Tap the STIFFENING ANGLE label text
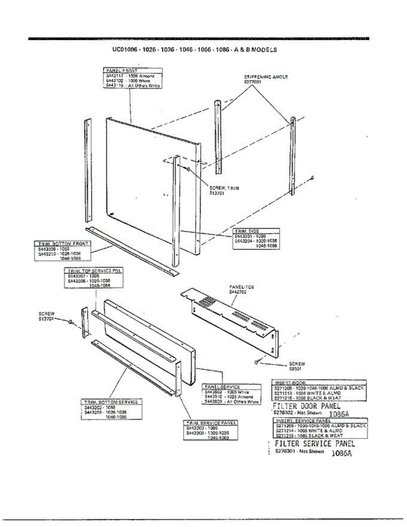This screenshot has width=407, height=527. point(266,77)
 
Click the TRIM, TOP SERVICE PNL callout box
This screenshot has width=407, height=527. point(93,278)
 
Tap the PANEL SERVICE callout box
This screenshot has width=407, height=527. point(231,394)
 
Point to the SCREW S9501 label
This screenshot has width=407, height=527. point(297,366)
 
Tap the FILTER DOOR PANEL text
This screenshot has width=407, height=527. point(306,406)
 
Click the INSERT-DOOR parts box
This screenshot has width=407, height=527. point(319,390)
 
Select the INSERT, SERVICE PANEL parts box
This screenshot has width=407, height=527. point(319,428)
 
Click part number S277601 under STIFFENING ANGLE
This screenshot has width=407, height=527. point(253,82)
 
